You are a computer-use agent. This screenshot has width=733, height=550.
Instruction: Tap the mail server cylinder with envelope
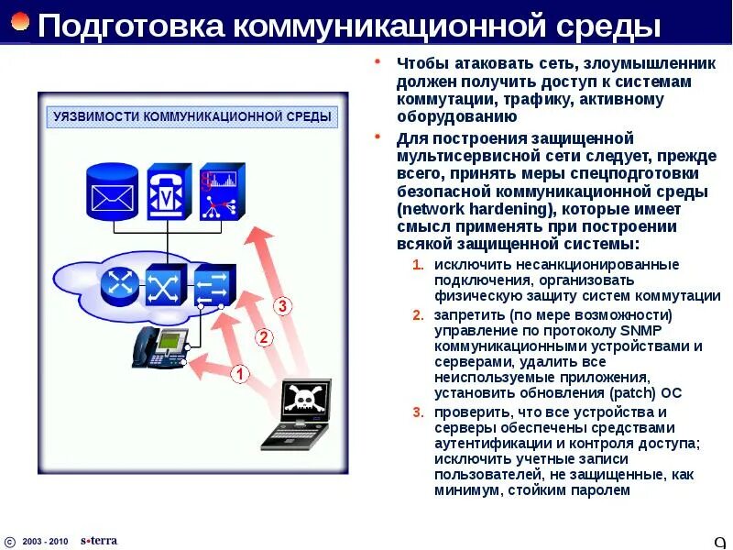click(x=111, y=192)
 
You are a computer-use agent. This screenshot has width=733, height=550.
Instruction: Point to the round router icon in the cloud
click(x=118, y=285)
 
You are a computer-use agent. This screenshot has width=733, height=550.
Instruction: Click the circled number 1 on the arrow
click(x=239, y=374)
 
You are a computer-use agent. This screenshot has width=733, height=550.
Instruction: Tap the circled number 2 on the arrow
click(x=263, y=337)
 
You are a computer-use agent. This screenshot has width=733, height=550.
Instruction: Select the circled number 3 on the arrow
click(x=283, y=306)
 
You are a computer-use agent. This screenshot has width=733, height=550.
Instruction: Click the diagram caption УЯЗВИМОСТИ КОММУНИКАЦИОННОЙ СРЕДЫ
click(x=193, y=117)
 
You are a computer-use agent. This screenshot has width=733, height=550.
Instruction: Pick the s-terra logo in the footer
click(x=99, y=540)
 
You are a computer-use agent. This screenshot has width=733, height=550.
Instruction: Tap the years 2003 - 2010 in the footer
click(x=45, y=541)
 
